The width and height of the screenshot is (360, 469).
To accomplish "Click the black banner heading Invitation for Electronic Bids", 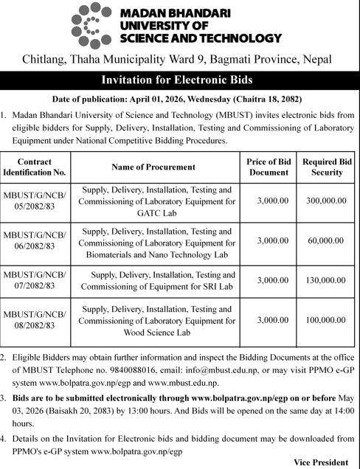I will [179, 80].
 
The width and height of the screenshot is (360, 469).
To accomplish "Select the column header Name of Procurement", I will [153, 167].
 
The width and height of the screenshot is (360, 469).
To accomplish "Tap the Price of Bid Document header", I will [268, 167].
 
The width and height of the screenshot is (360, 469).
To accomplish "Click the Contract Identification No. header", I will [35, 167].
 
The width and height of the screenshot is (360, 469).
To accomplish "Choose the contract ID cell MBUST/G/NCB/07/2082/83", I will [35, 280].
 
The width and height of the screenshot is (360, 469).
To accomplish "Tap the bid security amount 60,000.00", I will [326, 240].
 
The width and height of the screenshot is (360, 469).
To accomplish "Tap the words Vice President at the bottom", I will [321, 462].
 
